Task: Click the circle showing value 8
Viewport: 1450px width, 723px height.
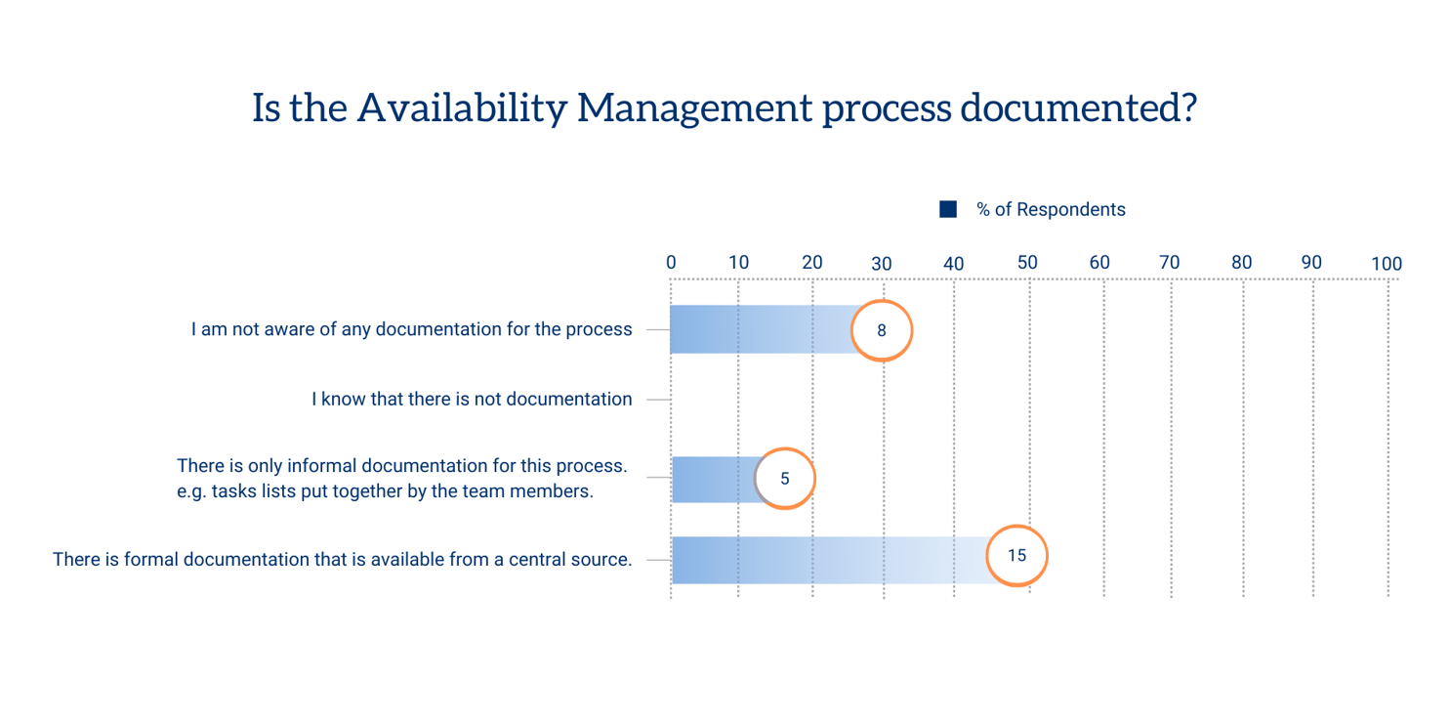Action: (x=882, y=330)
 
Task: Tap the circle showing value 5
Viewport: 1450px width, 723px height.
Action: (x=784, y=479)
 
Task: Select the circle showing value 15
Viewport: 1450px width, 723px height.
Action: (x=1016, y=556)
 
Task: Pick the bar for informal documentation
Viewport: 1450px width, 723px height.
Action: (x=713, y=480)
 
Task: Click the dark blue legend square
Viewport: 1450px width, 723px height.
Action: (x=947, y=209)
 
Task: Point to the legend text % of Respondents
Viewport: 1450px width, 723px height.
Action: (x=1051, y=210)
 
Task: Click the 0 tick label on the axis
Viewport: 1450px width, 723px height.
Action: (x=671, y=262)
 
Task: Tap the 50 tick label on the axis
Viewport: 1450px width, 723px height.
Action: (x=1027, y=262)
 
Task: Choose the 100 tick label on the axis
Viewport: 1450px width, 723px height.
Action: (x=1386, y=263)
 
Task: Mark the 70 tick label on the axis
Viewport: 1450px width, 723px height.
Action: (x=1169, y=262)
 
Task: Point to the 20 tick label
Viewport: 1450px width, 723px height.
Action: (x=812, y=262)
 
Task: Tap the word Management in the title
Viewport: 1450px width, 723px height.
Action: (x=693, y=107)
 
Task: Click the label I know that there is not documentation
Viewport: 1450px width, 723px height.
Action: (x=472, y=399)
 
